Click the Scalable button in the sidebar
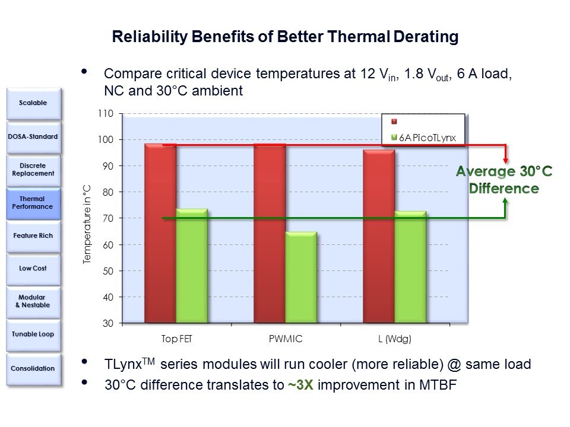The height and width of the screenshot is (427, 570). (x=33, y=103)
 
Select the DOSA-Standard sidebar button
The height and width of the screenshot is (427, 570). (x=33, y=136)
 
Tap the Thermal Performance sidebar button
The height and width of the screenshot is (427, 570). (x=33, y=203)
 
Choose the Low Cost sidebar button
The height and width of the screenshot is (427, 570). (x=33, y=268)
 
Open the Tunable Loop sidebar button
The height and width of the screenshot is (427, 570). (x=33, y=334)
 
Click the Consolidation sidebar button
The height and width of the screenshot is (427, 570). (x=33, y=368)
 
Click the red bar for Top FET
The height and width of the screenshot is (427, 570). (x=160, y=234)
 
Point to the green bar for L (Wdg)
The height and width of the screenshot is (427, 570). (x=410, y=267)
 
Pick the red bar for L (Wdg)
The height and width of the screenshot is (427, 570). (x=379, y=237)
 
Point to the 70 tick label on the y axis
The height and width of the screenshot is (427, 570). (x=108, y=218)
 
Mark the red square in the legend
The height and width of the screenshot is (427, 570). (x=394, y=122)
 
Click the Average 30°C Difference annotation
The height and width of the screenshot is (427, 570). (x=503, y=180)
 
